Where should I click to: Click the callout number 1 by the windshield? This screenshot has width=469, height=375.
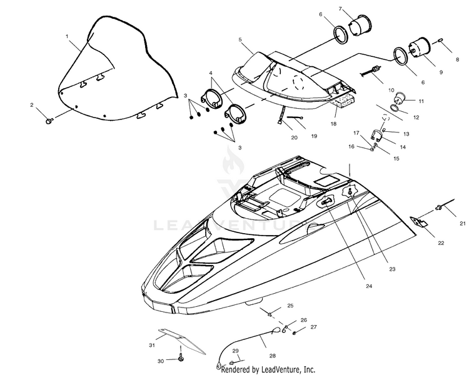67,37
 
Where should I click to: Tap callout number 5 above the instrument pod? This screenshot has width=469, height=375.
240,39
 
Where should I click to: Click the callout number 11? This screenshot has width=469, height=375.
421,101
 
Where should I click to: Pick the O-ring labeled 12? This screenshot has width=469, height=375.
396,109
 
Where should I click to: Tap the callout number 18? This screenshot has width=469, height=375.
333,124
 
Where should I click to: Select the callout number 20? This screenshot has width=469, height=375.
295,137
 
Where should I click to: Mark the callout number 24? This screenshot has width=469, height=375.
369,286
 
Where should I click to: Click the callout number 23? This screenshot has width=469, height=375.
392,269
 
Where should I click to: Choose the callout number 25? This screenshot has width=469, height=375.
290,305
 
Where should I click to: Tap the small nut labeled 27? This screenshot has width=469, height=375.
295,330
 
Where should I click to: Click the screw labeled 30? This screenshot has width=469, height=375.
181,359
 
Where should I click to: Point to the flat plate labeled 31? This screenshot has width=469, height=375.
179,337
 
